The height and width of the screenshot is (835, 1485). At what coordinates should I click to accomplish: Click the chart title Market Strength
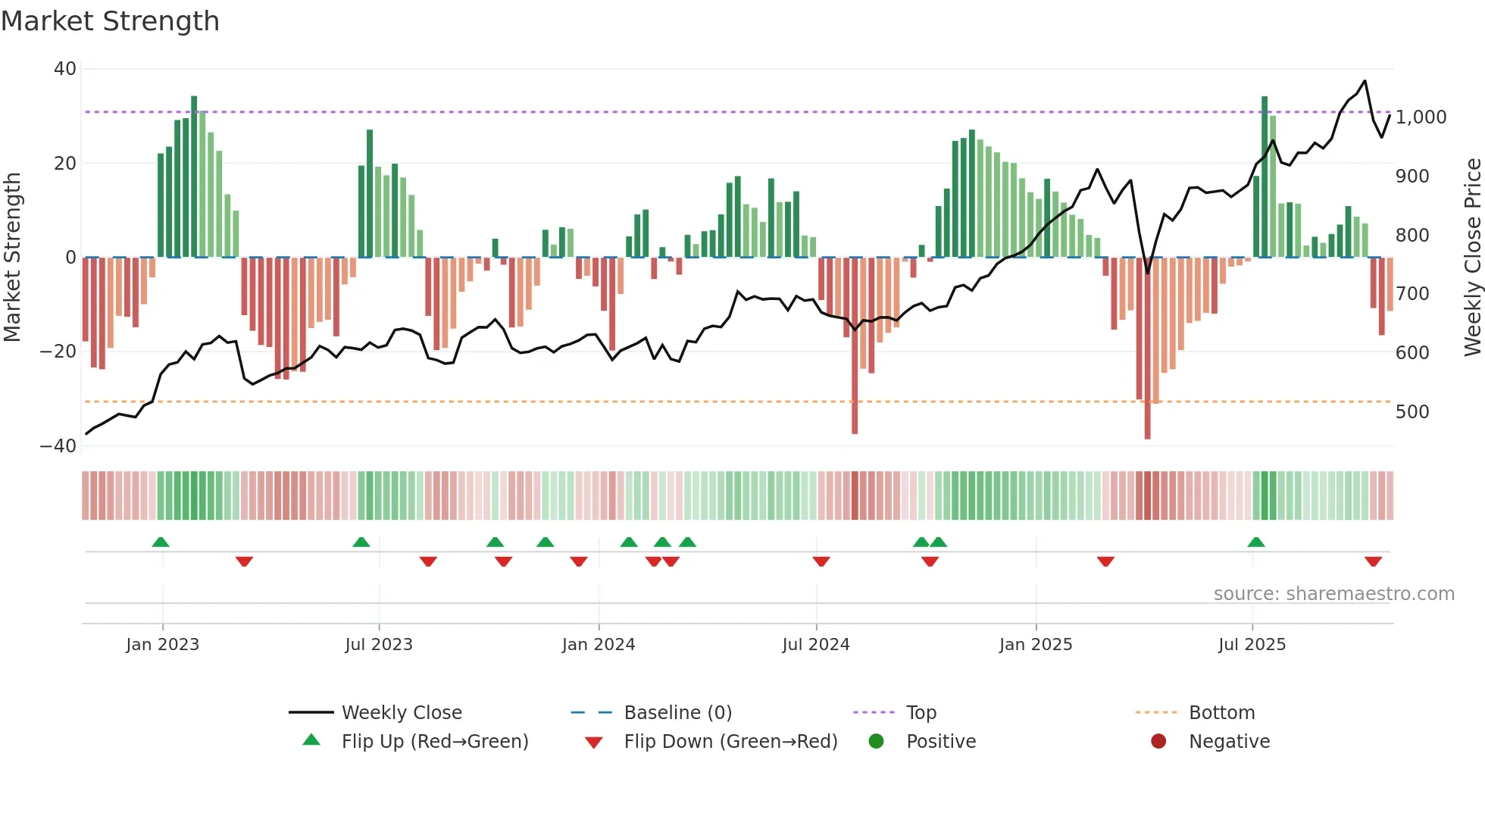coord(110,21)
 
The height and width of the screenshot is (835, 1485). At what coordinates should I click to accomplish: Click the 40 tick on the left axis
coord(65,69)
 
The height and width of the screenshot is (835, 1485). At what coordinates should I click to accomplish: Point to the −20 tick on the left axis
coord(58,352)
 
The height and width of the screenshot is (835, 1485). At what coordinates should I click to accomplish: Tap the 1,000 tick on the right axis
coord(1421,117)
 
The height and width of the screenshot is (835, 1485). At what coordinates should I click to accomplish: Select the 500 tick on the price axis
coord(1412,412)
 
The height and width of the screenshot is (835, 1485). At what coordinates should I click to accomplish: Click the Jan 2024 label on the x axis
coord(598,645)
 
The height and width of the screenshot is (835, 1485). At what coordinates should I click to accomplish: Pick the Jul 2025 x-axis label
coord(1252,645)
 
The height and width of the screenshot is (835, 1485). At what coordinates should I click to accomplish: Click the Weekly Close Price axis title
coord(1472,258)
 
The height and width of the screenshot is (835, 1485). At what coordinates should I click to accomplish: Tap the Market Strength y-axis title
coord(13,258)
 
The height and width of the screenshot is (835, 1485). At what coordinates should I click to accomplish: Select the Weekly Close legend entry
coord(401,713)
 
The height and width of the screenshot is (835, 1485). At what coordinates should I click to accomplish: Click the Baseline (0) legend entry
coord(677,713)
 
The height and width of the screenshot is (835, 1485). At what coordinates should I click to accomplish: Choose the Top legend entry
coord(921,713)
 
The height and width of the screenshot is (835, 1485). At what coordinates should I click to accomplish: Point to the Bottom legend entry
coord(1221,713)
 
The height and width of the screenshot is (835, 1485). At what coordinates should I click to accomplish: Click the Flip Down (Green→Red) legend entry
coord(730,742)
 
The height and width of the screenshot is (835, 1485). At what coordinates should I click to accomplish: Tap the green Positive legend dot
coord(877,742)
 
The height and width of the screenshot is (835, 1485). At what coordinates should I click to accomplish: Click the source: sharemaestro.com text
coord(1333,594)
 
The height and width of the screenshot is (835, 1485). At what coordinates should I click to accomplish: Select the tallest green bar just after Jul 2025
coord(1265,178)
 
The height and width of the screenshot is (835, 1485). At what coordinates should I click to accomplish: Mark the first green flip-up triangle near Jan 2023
coord(161,543)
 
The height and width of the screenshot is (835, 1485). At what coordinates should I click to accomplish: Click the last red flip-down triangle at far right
coord(1373,561)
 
